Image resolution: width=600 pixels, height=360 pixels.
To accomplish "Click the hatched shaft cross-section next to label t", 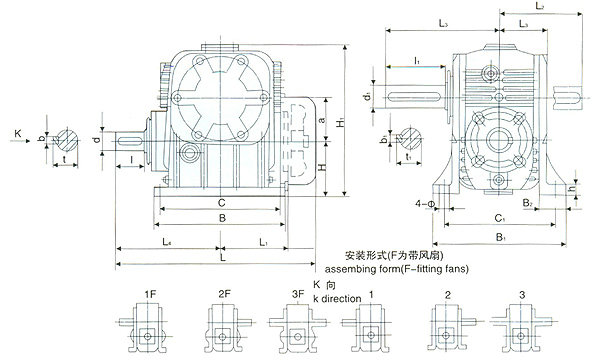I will coord(65,137).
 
